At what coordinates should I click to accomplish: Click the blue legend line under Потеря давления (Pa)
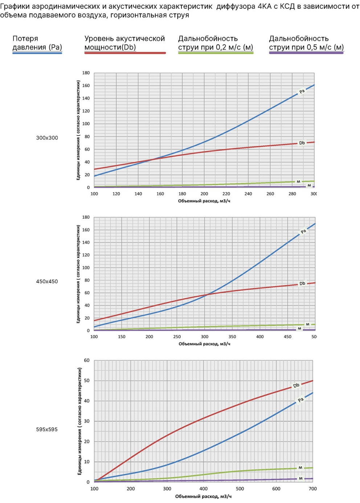pos(37,53)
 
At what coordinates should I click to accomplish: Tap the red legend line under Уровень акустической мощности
pos(125,53)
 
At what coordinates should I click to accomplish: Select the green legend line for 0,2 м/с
pos(216,53)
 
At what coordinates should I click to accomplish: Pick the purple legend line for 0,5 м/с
pos(306,53)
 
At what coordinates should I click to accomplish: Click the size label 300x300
pos(47,138)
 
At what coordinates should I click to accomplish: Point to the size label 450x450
pos(47,281)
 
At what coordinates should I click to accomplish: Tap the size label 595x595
pos(47,429)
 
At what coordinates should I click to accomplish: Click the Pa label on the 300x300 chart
pos(302,92)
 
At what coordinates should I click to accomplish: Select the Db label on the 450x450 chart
pos(302,283)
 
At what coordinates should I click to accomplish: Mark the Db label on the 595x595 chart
pos(296,385)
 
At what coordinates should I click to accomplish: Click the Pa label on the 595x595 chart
pos(300,400)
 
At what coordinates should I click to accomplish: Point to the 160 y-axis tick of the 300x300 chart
pos(86,86)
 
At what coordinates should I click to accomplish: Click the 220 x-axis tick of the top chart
pos(226,194)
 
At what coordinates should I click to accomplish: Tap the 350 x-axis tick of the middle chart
pos(232,337)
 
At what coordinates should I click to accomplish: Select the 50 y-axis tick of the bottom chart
pos(87,381)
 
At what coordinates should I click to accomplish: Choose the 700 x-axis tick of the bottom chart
pos(313,489)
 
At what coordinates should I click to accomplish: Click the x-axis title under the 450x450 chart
pos(204,344)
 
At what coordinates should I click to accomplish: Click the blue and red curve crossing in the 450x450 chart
pos(208,294)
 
